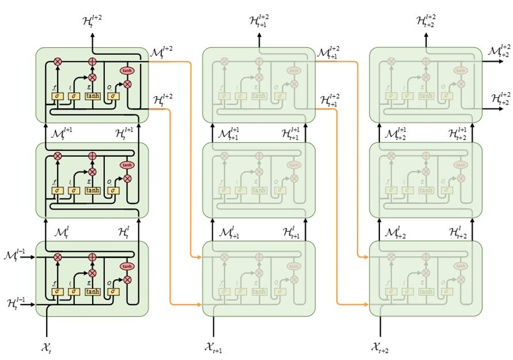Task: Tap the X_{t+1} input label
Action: (x=213, y=348)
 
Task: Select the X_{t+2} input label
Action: (x=381, y=348)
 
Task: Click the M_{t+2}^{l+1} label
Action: (x=394, y=134)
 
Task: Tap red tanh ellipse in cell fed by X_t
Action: (x=127, y=266)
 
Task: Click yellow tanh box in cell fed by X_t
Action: (x=93, y=291)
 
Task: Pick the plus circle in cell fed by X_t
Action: (x=92, y=257)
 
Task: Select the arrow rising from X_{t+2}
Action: (x=381, y=327)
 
